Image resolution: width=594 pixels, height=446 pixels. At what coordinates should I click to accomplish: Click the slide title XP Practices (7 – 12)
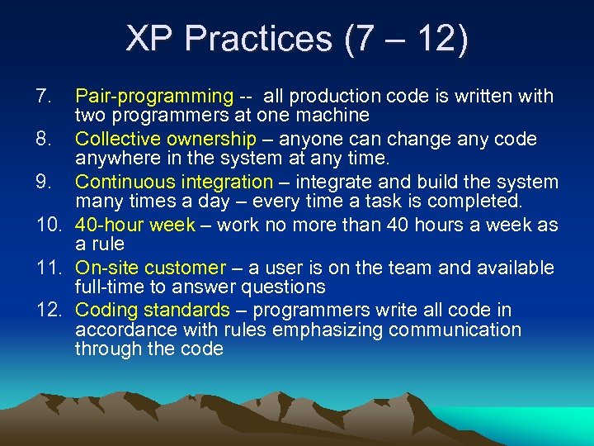coord(297,40)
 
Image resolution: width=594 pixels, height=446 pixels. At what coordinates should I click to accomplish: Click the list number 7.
coord(44,97)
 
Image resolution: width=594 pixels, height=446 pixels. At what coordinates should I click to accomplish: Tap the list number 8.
coord(44,139)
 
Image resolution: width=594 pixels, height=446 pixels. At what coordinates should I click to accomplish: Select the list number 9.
coord(44,182)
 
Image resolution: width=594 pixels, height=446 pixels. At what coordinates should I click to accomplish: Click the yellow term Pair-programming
coord(155,97)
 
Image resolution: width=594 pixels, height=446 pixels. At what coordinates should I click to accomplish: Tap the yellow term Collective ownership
coord(166,139)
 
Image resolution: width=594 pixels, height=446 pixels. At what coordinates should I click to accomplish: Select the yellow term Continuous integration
coord(174,182)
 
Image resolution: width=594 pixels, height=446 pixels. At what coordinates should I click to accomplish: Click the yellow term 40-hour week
coord(135,225)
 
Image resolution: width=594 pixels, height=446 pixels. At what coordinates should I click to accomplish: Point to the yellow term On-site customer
coord(150,268)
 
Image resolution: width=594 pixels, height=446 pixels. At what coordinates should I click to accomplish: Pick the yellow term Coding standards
coord(153,311)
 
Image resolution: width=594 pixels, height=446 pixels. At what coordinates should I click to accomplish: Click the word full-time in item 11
coord(106,287)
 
